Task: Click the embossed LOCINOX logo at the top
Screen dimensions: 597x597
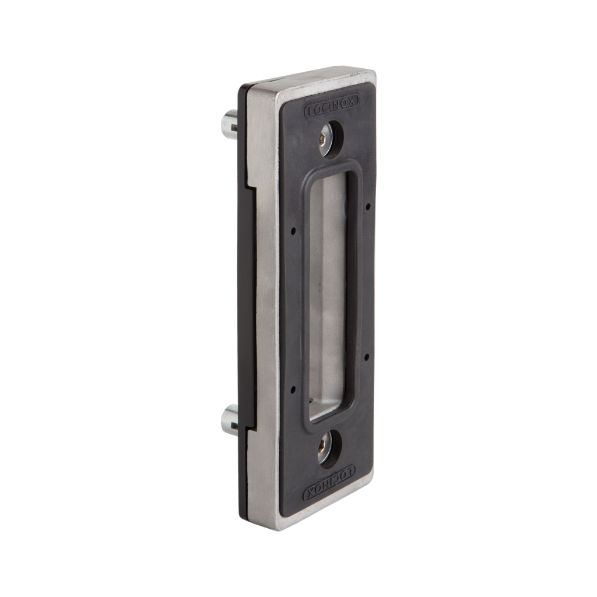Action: pyautogui.click(x=331, y=106)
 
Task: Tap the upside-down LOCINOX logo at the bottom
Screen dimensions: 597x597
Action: pyautogui.click(x=329, y=483)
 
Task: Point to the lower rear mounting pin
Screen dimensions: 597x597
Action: pyautogui.click(x=229, y=420)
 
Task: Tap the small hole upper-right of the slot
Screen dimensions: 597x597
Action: pyautogui.click(x=368, y=207)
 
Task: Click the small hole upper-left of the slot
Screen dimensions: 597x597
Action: pyautogui.click(x=293, y=231)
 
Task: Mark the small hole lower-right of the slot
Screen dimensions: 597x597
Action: pyautogui.click(x=367, y=357)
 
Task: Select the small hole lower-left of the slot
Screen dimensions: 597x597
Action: pyautogui.click(x=293, y=389)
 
